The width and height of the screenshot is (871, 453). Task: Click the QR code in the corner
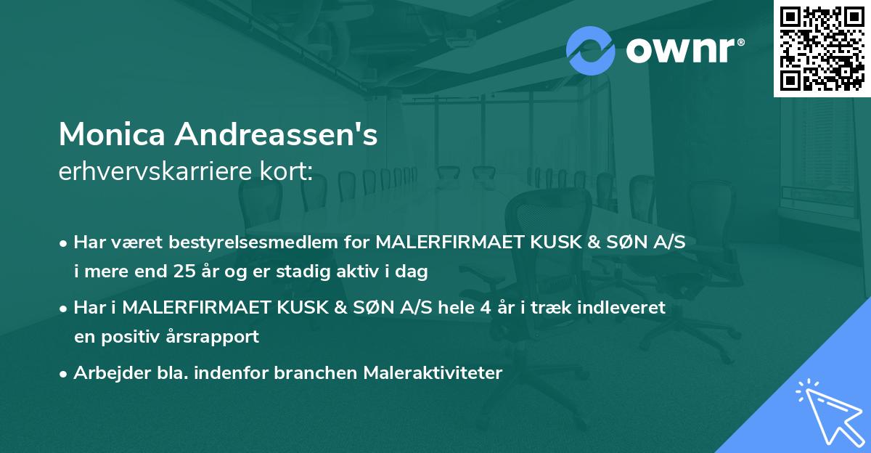822,48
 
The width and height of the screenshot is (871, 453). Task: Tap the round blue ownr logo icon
591,50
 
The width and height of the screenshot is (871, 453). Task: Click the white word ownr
683,50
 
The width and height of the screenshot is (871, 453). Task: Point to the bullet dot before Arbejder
64,374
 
